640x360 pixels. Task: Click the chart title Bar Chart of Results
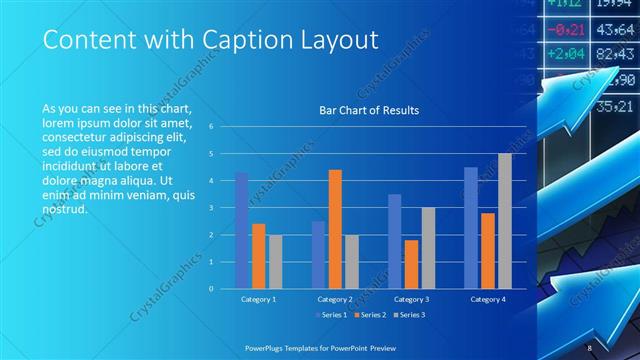[x=368, y=110]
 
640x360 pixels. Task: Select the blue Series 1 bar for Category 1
[x=241, y=230]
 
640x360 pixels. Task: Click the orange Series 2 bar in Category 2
[x=335, y=229]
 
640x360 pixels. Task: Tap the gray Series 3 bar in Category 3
[x=428, y=247]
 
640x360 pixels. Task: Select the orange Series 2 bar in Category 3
[x=411, y=263]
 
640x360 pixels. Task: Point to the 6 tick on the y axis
[x=210, y=127]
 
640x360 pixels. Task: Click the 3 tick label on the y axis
[x=210, y=208]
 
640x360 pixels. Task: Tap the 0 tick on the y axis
[x=210, y=288]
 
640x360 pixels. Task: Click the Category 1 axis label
[x=258, y=299]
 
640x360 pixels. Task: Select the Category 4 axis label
[x=488, y=299]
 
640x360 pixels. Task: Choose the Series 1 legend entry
[x=333, y=316]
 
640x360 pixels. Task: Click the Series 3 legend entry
[x=411, y=316]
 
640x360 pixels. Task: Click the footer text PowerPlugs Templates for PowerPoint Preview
[x=320, y=346]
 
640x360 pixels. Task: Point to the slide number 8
[x=590, y=346]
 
